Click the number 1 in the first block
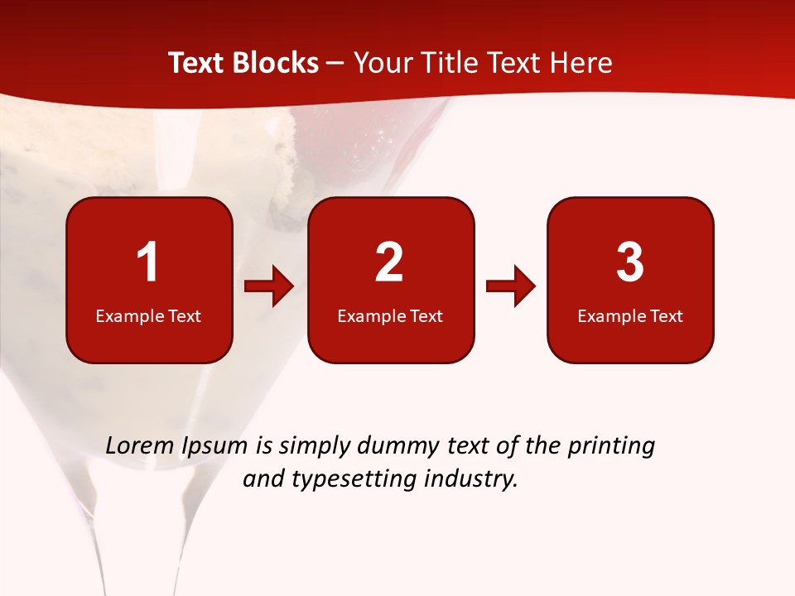click(x=147, y=262)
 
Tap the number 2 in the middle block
click(x=389, y=262)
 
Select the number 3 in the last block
click(x=630, y=262)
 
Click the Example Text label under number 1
click(x=148, y=316)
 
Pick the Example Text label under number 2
click(x=390, y=316)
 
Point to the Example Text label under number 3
click(x=630, y=316)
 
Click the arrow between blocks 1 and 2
click(x=269, y=287)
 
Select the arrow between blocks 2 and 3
click(x=511, y=287)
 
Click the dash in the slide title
click(x=335, y=64)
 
